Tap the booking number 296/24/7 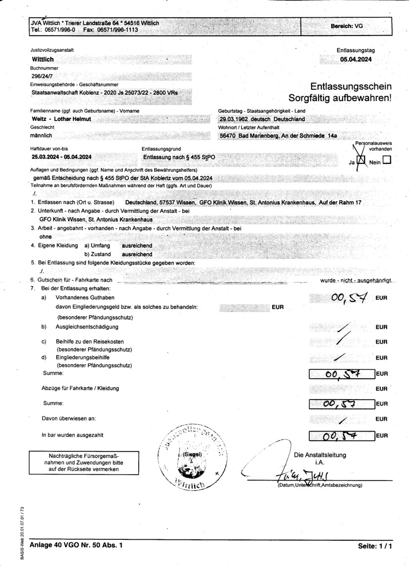[42, 76]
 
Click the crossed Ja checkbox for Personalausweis [361, 160]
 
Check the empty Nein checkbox [386, 160]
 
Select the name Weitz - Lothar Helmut [61, 119]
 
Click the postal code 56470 [227, 135]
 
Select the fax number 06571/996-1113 [118, 30]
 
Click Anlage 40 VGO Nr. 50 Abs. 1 [76, 545]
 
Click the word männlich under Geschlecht [41, 135]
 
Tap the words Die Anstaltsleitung [320, 455]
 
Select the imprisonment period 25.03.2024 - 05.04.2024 [61, 157]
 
